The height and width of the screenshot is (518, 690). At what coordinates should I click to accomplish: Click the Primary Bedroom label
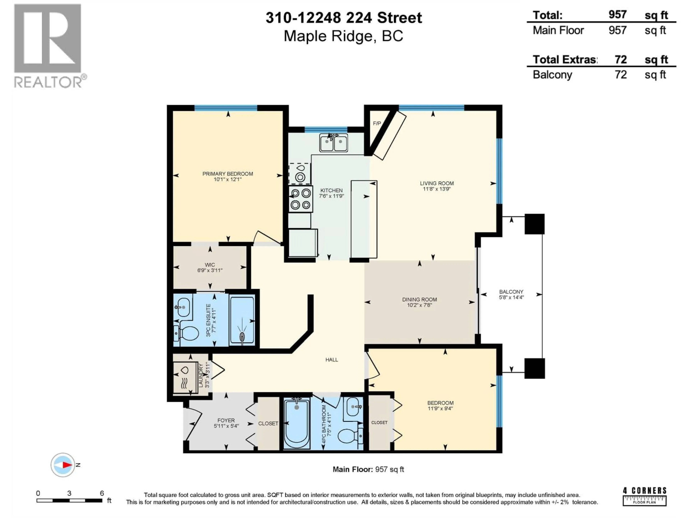tap(227, 174)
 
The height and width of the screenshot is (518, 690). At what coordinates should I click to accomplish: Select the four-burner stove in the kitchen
tap(301, 199)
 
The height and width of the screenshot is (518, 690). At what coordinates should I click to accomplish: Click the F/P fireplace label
tap(377, 123)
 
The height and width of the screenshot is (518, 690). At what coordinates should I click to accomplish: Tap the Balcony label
tap(511, 292)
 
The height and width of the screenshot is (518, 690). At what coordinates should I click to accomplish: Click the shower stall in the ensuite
tap(242, 321)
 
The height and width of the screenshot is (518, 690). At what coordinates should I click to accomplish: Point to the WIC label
tap(210, 265)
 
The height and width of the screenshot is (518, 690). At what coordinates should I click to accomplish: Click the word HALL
tap(332, 360)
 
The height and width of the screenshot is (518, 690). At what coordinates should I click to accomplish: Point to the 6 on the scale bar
tap(102, 493)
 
